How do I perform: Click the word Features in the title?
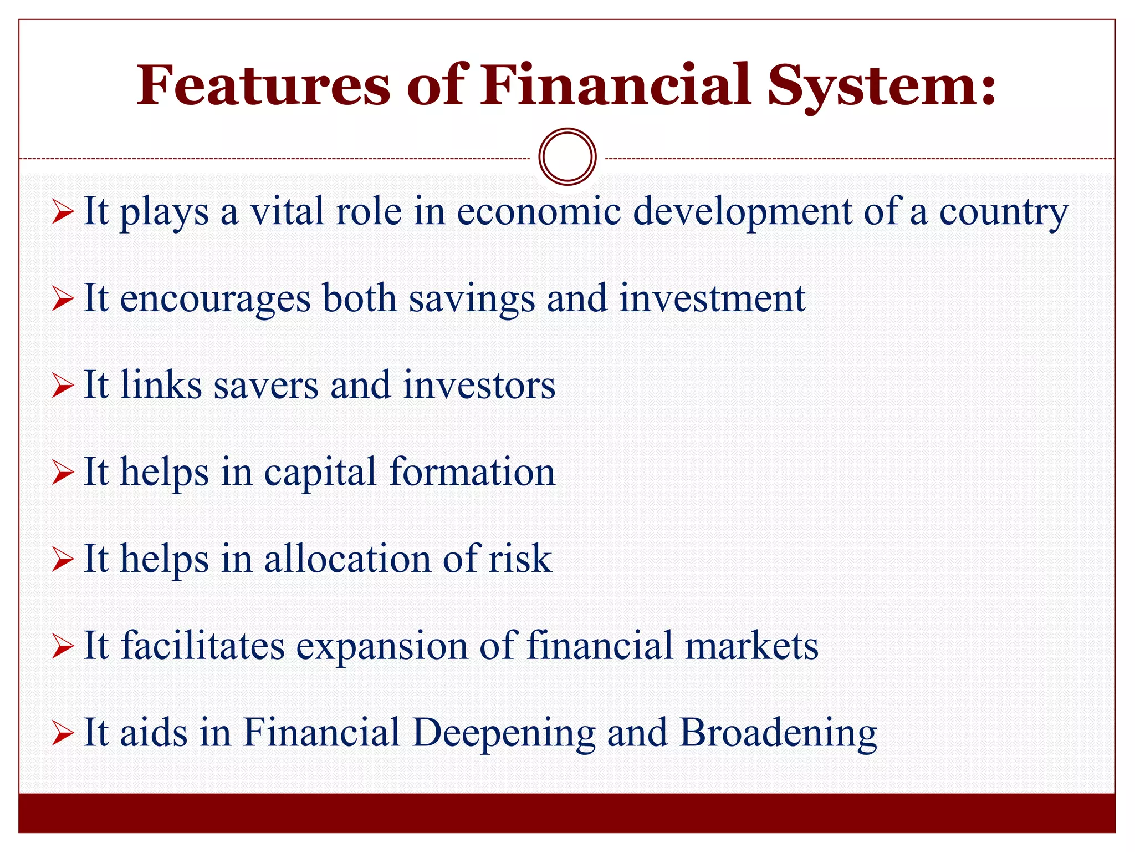coord(264,86)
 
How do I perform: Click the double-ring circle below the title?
coord(567,156)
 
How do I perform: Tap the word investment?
coord(712,298)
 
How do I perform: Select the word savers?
coord(267,385)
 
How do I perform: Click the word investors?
coord(479,385)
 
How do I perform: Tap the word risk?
coord(520,559)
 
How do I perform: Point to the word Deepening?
coord(504,733)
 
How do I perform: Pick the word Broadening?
coord(778,733)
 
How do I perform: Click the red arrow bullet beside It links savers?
coord(63,385)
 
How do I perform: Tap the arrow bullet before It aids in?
coord(63,733)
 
